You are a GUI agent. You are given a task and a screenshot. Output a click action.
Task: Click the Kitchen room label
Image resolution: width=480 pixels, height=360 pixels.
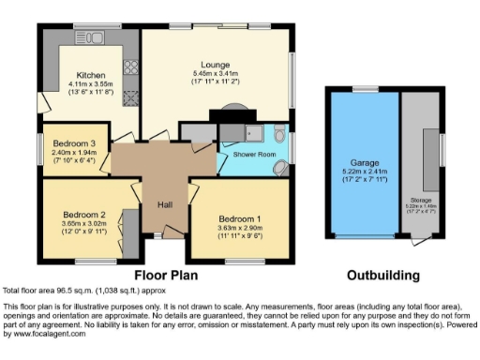click(91, 75)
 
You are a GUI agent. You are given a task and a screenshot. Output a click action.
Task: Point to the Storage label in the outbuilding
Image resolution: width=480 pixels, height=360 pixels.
click(421, 200)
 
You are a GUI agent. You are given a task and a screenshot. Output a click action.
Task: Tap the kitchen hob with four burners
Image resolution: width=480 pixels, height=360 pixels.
click(130, 67)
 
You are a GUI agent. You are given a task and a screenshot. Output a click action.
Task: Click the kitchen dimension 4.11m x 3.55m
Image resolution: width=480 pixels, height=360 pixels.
click(91, 84)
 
